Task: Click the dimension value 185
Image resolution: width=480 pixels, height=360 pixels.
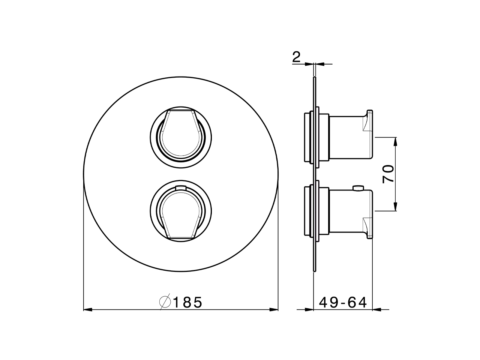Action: pyautogui.click(x=187, y=302)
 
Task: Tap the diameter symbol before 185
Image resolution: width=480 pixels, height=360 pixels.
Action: pyautogui.click(x=165, y=302)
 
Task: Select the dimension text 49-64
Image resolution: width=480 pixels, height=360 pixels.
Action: pyautogui.click(x=343, y=302)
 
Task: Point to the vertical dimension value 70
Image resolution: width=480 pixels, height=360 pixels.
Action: pyautogui.click(x=388, y=174)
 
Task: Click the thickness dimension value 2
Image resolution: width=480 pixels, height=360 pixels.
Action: pyautogui.click(x=296, y=57)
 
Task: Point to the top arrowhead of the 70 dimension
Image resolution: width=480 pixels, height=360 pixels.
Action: pyautogui.click(x=395, y=141)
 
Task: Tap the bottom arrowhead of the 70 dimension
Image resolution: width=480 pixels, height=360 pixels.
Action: pyautogui.click(x=395, y=207)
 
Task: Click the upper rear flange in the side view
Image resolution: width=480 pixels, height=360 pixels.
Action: pyautogui.click(x=307, y=136)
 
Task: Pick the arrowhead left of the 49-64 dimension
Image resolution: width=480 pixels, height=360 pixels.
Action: pyautogui.click(x=309, y=309)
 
